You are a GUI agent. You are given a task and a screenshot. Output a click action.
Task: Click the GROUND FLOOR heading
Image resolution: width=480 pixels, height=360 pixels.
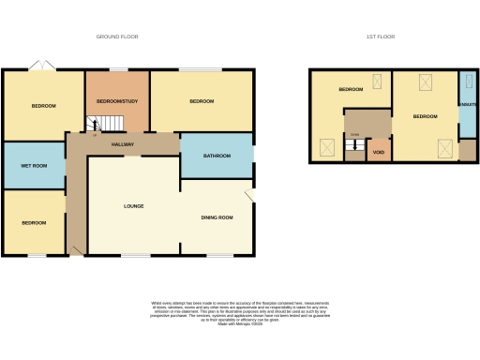117,37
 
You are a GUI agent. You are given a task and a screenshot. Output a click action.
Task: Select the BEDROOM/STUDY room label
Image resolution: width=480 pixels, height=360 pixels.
117,101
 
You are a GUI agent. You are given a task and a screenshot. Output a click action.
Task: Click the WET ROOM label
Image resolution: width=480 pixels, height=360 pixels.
34,166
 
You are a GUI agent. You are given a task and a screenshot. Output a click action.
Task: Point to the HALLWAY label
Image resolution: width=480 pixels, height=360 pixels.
123,144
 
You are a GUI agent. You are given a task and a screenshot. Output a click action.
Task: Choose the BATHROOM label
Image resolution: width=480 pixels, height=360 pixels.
217,156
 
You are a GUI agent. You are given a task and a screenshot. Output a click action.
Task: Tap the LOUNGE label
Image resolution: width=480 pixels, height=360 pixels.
133,205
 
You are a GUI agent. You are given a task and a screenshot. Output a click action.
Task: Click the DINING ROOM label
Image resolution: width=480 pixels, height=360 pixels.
217,217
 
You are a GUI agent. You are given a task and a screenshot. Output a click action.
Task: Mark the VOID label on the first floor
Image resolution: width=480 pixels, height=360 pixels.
379,152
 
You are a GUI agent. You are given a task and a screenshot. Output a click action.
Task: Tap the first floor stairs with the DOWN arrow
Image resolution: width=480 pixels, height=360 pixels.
354,144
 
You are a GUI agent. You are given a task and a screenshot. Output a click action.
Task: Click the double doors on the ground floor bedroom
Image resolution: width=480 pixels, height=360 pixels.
41,66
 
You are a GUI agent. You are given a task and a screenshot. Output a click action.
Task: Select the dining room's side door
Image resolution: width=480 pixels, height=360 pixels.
249,194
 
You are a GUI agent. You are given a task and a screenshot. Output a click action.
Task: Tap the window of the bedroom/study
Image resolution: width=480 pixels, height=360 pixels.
118,70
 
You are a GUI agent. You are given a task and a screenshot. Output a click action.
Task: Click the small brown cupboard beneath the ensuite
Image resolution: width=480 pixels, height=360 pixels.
467,150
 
